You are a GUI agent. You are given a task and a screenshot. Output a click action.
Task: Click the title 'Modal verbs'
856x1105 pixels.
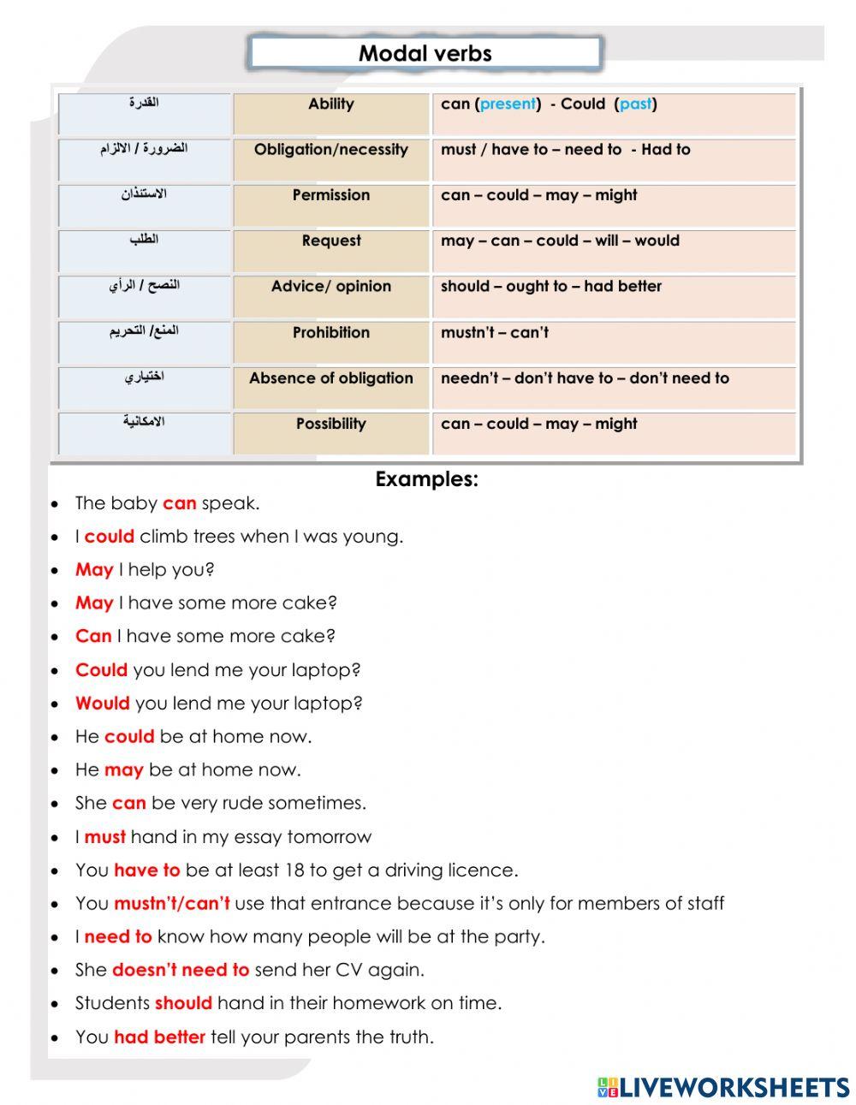425,53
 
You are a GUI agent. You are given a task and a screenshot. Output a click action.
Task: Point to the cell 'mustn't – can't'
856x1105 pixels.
495,333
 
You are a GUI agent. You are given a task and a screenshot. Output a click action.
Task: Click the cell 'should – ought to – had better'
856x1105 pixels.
550,287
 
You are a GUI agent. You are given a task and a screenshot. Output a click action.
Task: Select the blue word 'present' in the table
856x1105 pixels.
508,104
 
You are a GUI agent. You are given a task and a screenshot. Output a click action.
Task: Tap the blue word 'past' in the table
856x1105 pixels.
635,104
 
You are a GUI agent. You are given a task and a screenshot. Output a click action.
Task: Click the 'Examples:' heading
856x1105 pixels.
426,479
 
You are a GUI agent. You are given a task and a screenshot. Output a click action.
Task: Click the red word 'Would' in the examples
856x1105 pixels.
102,704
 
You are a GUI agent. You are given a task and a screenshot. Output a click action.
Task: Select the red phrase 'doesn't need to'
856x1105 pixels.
181,970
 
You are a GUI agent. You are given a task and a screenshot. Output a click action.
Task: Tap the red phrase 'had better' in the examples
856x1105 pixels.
159,1037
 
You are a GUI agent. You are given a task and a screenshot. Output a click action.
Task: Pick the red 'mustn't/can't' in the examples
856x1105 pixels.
171,904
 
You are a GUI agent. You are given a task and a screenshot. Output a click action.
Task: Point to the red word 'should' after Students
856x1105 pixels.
183,1003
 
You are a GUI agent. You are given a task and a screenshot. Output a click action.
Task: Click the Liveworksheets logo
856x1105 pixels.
723,1087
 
